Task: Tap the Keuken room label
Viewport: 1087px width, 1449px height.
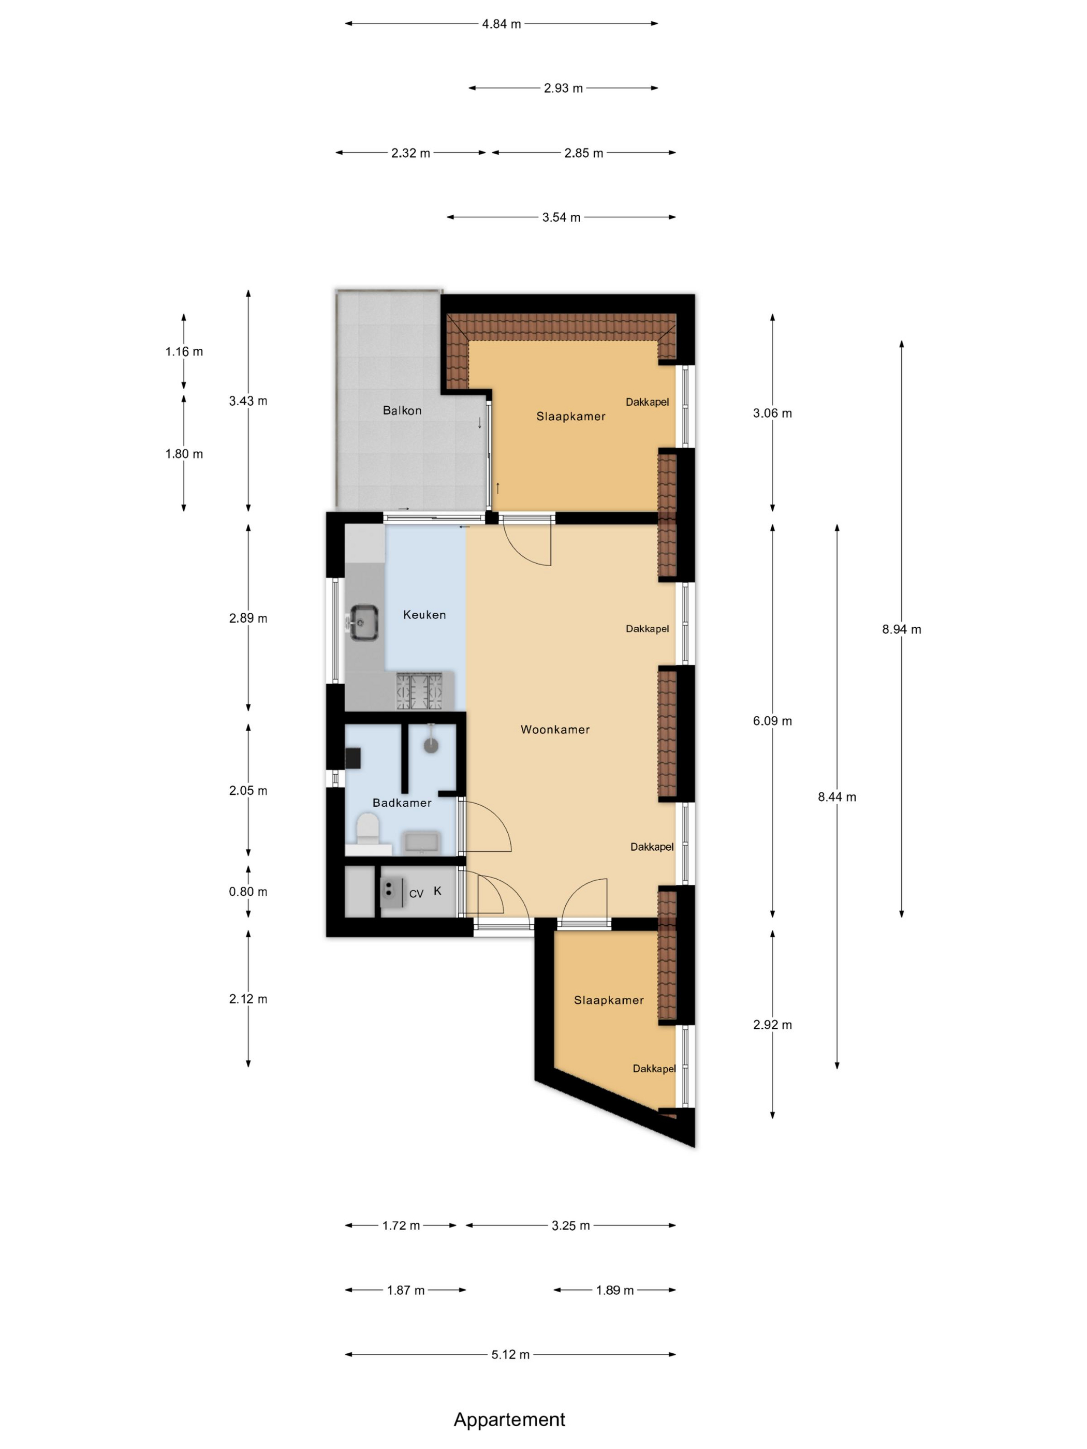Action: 424,614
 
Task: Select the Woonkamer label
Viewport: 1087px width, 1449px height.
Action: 554,729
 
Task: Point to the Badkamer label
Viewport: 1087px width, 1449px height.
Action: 402,803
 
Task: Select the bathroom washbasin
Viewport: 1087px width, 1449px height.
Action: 421,842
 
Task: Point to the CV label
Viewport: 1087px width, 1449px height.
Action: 416,894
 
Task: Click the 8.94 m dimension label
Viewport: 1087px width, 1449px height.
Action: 901,629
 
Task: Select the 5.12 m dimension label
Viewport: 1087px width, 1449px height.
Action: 510,1354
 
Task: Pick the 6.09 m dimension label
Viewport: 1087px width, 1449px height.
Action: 772,720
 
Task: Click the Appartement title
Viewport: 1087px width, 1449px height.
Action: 509,1419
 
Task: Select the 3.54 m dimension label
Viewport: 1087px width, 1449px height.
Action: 561,217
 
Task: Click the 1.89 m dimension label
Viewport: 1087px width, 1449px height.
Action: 614,1290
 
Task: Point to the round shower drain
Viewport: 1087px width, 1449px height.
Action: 431,744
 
